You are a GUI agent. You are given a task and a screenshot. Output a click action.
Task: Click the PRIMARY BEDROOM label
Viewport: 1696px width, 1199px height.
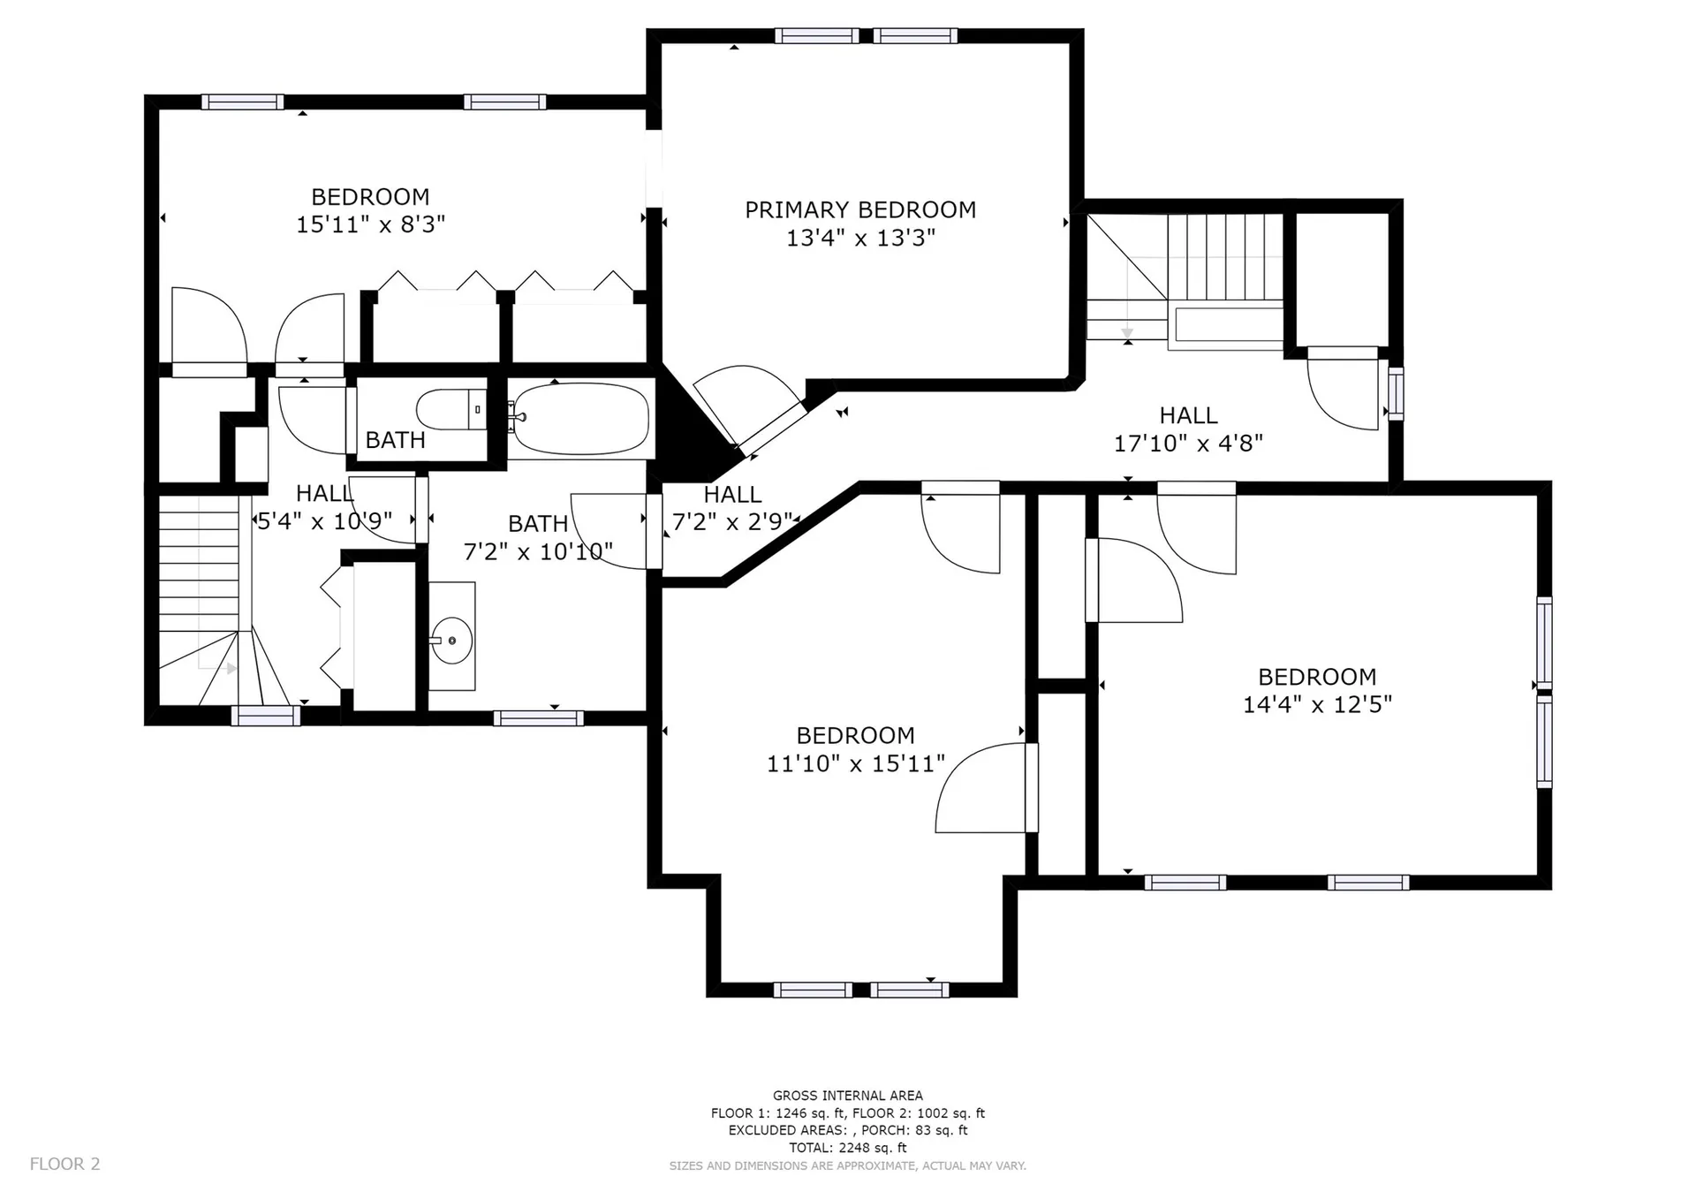(x=859, y=210)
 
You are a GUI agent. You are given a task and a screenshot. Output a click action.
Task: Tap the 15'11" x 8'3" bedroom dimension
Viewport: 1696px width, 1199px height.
(x=370, y=224)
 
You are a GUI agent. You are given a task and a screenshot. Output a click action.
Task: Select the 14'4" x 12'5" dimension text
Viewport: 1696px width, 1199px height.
(x=1317, y=705)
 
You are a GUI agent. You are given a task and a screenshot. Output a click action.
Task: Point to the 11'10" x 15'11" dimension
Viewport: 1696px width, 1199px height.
(x=855, y=763)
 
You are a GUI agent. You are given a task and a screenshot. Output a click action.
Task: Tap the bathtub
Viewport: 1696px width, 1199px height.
(x=580, y=419)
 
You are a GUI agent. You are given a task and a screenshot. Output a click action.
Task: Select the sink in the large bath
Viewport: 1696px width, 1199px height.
(x=451, y=636)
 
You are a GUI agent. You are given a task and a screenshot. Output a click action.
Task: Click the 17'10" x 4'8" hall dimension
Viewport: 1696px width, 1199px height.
(x=1188, y=444)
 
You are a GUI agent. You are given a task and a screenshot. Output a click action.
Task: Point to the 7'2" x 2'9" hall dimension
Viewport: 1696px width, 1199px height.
(x=732, y=522)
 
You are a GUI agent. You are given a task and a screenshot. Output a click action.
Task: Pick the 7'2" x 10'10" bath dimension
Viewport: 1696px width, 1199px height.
(x=538, y=552)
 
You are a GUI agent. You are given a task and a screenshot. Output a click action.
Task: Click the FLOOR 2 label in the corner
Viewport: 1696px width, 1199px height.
(x=65, y=1164)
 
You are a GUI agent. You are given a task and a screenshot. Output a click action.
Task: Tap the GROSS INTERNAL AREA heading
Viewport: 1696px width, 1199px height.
(x=848, y=1096)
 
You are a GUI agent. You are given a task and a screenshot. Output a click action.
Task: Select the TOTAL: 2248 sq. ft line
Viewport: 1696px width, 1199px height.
(x=848, y=1148)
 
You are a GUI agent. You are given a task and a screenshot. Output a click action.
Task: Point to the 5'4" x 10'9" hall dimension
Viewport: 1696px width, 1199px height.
(x=324, y=521)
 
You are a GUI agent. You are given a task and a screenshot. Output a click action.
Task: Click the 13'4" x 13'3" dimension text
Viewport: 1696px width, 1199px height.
(x=860, y=238)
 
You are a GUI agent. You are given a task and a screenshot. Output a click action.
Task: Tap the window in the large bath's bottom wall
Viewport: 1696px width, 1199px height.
(x=538, y=718)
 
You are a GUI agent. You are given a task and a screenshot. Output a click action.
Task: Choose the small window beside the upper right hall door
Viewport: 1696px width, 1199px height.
(x=1396, y=393)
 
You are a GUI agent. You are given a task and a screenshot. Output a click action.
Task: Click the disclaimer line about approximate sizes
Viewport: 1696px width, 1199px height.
(x=848, y=1166)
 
